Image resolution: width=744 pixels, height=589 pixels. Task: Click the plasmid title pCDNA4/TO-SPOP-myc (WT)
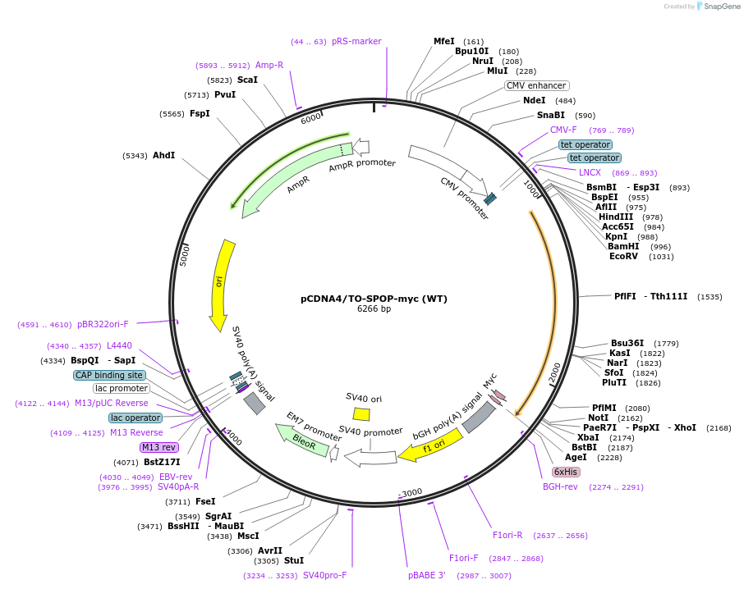[374, 299]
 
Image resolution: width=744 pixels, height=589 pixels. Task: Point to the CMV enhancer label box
[536, 85]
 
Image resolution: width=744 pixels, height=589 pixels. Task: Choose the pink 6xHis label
[566, 472]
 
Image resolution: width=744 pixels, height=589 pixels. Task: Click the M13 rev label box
[158, 447]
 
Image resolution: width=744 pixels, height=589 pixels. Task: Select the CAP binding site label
[109, 375]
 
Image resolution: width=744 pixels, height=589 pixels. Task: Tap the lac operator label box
[135, 418]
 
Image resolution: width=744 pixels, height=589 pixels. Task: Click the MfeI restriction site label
[444, 41]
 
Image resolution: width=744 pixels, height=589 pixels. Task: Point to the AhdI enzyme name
[163, 155]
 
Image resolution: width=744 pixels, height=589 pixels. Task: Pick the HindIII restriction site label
[616, 217]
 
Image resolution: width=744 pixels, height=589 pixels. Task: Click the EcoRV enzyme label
[623, 256]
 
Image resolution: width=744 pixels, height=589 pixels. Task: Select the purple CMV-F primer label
[563, 130]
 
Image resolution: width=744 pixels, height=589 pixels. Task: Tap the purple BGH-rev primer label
[560, 486]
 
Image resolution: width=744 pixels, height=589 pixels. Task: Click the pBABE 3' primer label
[426, 575]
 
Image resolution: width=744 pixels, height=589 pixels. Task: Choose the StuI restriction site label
[294, 560]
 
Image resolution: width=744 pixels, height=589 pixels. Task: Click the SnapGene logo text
[719, 7]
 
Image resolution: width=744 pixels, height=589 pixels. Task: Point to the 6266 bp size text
[374, 309]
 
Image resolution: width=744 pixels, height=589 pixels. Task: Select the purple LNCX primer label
[590, 172]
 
